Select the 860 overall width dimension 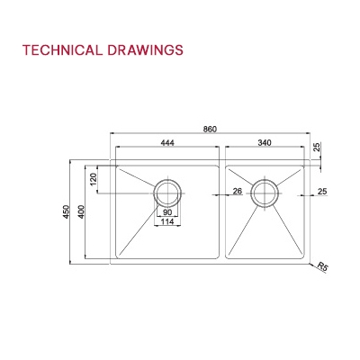click(210, 130)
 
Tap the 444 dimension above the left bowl click(167, 141)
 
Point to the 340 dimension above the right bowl click(265, 141)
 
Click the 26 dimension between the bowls click(238, 191)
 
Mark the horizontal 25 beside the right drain click(322, 191)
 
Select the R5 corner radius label click(323, 267)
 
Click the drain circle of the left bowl click(167, 193)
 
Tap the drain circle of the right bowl click(265, 193)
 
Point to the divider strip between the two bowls click(222, 211)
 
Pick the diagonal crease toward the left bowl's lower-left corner click(135, 229)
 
